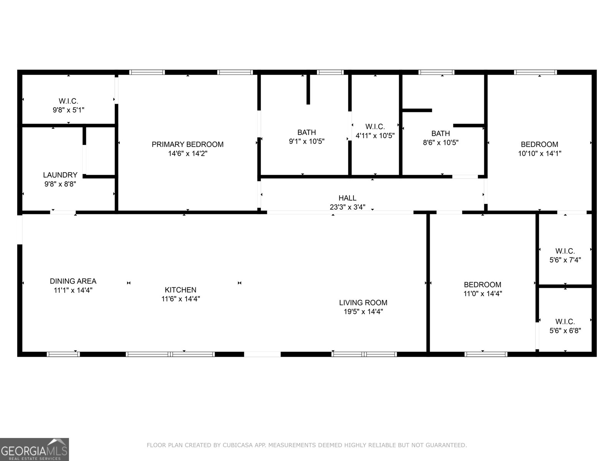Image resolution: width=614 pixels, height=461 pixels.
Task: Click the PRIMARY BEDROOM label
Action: [187, 144]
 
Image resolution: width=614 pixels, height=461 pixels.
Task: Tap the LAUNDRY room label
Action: [60, 175]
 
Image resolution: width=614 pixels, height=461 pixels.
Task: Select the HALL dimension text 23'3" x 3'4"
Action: [347, 207]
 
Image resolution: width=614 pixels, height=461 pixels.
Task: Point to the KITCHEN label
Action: [180, 290]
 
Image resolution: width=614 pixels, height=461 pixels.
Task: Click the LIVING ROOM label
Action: [363, 303]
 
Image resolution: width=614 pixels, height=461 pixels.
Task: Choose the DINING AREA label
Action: [73, 281]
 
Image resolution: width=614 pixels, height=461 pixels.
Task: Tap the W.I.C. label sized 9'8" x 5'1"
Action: [68, 101]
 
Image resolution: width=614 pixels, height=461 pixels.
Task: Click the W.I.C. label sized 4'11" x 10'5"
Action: [375, 127]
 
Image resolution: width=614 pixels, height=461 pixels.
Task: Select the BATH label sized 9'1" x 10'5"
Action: [307, 133]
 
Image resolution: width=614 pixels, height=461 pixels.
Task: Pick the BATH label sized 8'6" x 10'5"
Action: [441, 134]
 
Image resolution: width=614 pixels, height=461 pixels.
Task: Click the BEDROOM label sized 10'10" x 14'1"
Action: [539, 144]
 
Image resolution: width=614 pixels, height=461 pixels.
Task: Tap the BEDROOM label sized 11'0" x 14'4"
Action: [482, 285]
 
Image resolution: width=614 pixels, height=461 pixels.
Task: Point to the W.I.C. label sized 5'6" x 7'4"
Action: [565, 251]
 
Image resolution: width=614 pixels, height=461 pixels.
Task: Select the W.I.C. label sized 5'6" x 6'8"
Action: [565, 322]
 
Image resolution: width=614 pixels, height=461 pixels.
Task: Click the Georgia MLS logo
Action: [35, 449]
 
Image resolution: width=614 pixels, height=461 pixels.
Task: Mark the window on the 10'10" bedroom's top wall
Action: [535, 72]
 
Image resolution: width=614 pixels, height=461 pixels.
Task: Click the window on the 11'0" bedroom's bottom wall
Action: [485, 354]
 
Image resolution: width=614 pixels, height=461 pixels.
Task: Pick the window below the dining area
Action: [63, 354]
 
